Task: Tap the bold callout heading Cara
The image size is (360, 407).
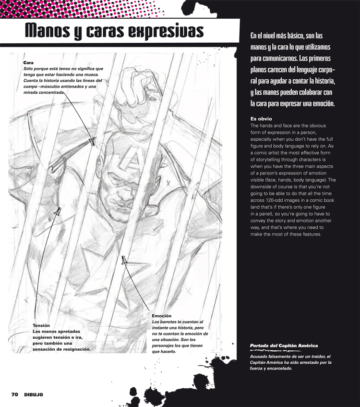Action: point(28,63)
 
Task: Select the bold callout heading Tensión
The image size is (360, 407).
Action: point(42,326)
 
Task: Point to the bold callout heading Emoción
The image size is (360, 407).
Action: point(162,315)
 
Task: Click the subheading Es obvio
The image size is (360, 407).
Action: point(262,118)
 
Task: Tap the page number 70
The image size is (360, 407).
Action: point(15,395)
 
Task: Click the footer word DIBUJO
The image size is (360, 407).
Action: point(34,395)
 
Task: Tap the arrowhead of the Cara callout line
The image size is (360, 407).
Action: point(93,141)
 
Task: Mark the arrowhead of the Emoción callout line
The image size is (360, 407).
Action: point(124,260)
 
